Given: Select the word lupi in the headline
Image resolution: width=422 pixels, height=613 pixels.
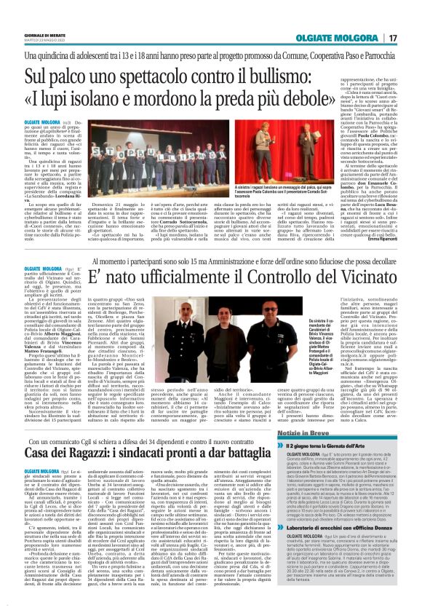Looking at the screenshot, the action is (x=81, y=98).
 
